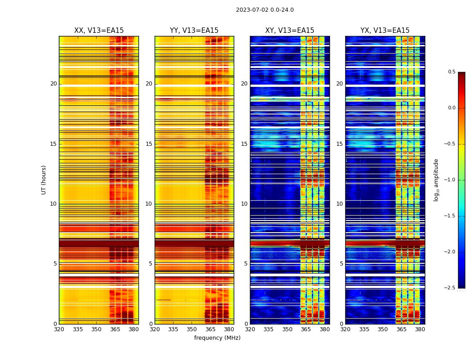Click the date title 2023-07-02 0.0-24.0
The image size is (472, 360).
coord(265,10)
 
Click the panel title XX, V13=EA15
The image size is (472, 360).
coord(99,31)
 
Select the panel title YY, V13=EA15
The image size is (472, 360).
coord(194,31)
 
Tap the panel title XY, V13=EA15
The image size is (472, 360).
coord(289,31)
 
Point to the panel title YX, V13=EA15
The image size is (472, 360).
coord(385,31)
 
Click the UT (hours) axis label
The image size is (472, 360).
coord(44,180)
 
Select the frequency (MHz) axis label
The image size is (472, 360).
coord(217,338)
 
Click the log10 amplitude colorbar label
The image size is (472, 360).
coord(436,180)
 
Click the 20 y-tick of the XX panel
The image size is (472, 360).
coord(53,84)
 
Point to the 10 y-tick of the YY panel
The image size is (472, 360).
coord(149,204)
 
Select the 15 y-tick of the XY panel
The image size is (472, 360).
coord(244,144)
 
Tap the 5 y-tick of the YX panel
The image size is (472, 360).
coord(341,264)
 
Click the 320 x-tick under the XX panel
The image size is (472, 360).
coord(59,329)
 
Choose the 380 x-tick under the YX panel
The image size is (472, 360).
coord(420,329)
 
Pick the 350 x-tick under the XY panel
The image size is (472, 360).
coord(287,329)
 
